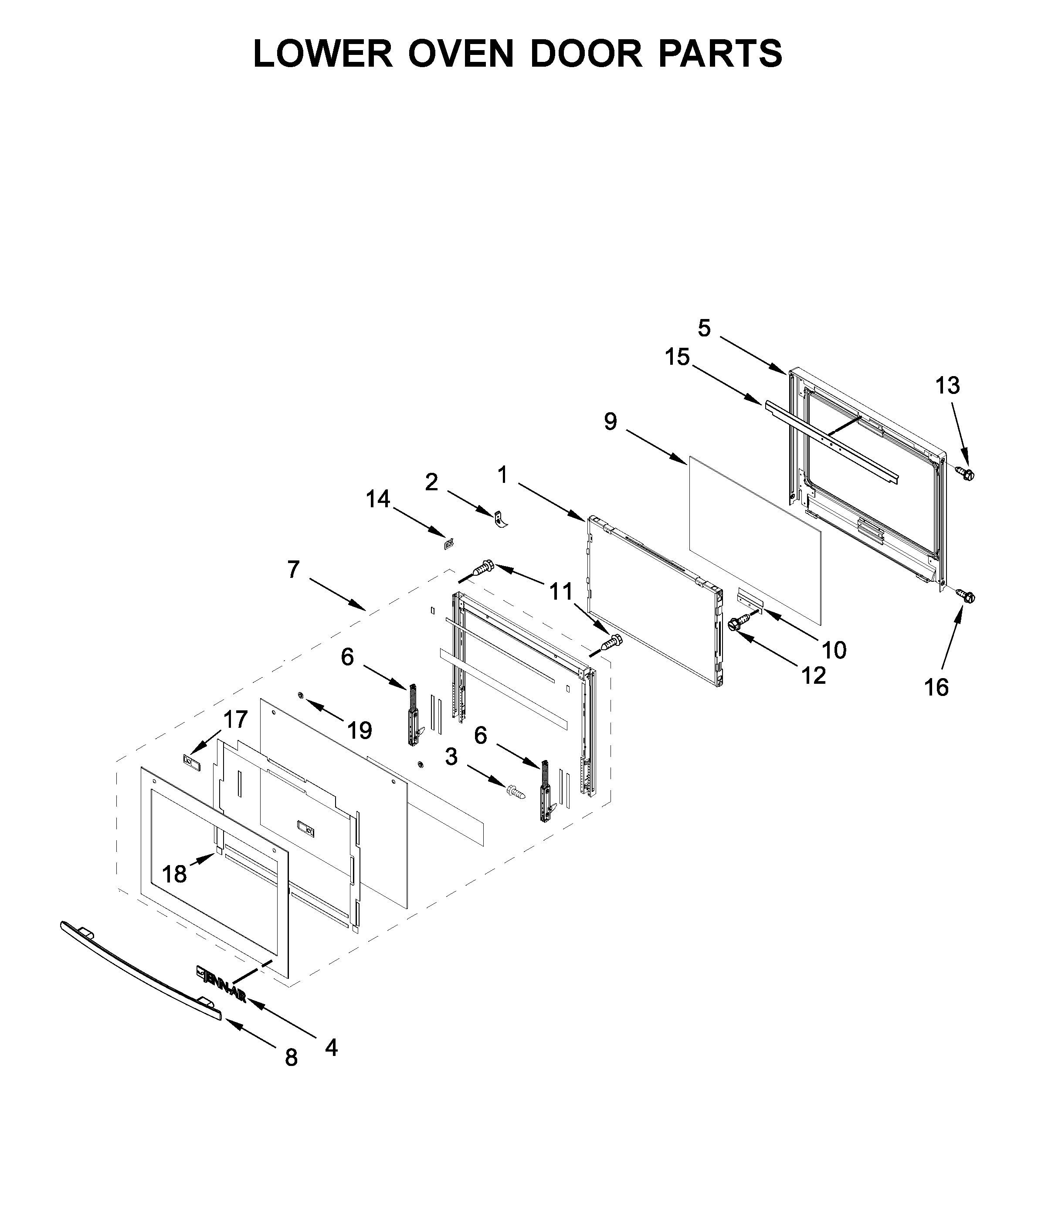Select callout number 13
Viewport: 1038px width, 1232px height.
point(947,385)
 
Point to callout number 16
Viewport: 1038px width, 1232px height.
point(936,687)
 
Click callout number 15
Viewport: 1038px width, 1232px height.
point(677,356)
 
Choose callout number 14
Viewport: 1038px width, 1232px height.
point(378,499)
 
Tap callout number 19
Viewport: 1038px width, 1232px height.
point(360,731)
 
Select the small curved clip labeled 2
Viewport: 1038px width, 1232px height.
point(500,519)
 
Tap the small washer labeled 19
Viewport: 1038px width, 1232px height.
point(301,696)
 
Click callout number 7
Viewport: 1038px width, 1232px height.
point(294,570)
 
